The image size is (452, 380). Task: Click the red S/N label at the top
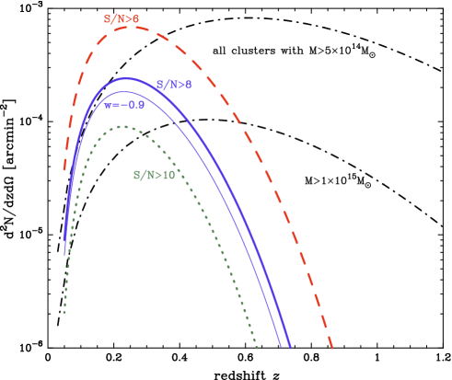(x=122, y=18)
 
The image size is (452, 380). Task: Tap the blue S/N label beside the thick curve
(x=174, y=85)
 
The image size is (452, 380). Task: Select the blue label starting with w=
(x=124, y=105)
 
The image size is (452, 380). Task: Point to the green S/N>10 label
(x=154, y=175)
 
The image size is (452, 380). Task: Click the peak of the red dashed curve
(x=131, y=28)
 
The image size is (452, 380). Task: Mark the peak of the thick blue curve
(x=127, y=78)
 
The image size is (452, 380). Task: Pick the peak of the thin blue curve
(x=121, y=92)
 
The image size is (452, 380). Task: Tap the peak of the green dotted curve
(x=120, y=127)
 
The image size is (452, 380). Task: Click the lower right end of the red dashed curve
(x=331, y=349)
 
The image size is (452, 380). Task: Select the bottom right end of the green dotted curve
(x=257, y=348)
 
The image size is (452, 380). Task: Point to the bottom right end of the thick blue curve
(x=290, y=348)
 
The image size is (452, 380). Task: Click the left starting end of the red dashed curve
(x=64, y=170)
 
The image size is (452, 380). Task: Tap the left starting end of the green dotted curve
(x=64, y=313)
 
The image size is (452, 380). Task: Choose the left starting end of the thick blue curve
(x=64, y=241)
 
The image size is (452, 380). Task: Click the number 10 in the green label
(x=168, y=175)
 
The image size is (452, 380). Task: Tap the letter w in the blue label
(x=108, y=105)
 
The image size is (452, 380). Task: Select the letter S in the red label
(x=108, y=18)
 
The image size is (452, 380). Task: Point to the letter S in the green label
(x=137, y=175)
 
